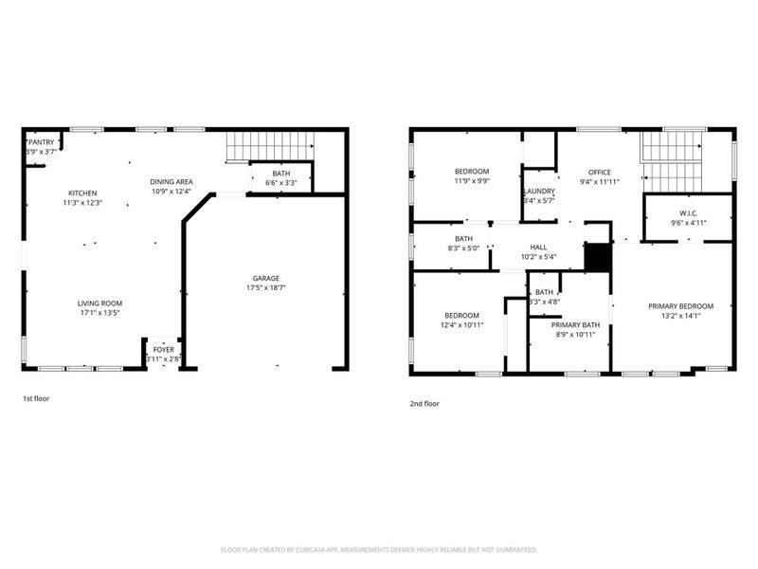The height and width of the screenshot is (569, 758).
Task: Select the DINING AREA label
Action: [x=171, y=181]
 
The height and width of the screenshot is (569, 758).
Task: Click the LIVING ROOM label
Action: [x=99, y=303]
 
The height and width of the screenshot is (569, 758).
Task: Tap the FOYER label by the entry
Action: [x=164, y=349]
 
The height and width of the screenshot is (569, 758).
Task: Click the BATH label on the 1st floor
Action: [x=281, y=173]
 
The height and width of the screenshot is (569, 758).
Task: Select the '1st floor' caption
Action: [x=36, y=399]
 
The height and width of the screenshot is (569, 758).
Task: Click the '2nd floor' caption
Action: [x=424, y=403]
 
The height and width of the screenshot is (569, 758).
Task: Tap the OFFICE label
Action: [x=600, y=172]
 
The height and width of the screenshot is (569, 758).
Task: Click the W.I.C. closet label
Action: [x=689, y=211]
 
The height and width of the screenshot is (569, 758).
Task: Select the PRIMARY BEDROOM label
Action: [x=680, y=305]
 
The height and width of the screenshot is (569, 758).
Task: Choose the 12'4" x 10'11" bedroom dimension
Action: [x=461, y=325]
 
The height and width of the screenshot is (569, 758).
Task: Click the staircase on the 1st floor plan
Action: [x=270, y=148]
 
